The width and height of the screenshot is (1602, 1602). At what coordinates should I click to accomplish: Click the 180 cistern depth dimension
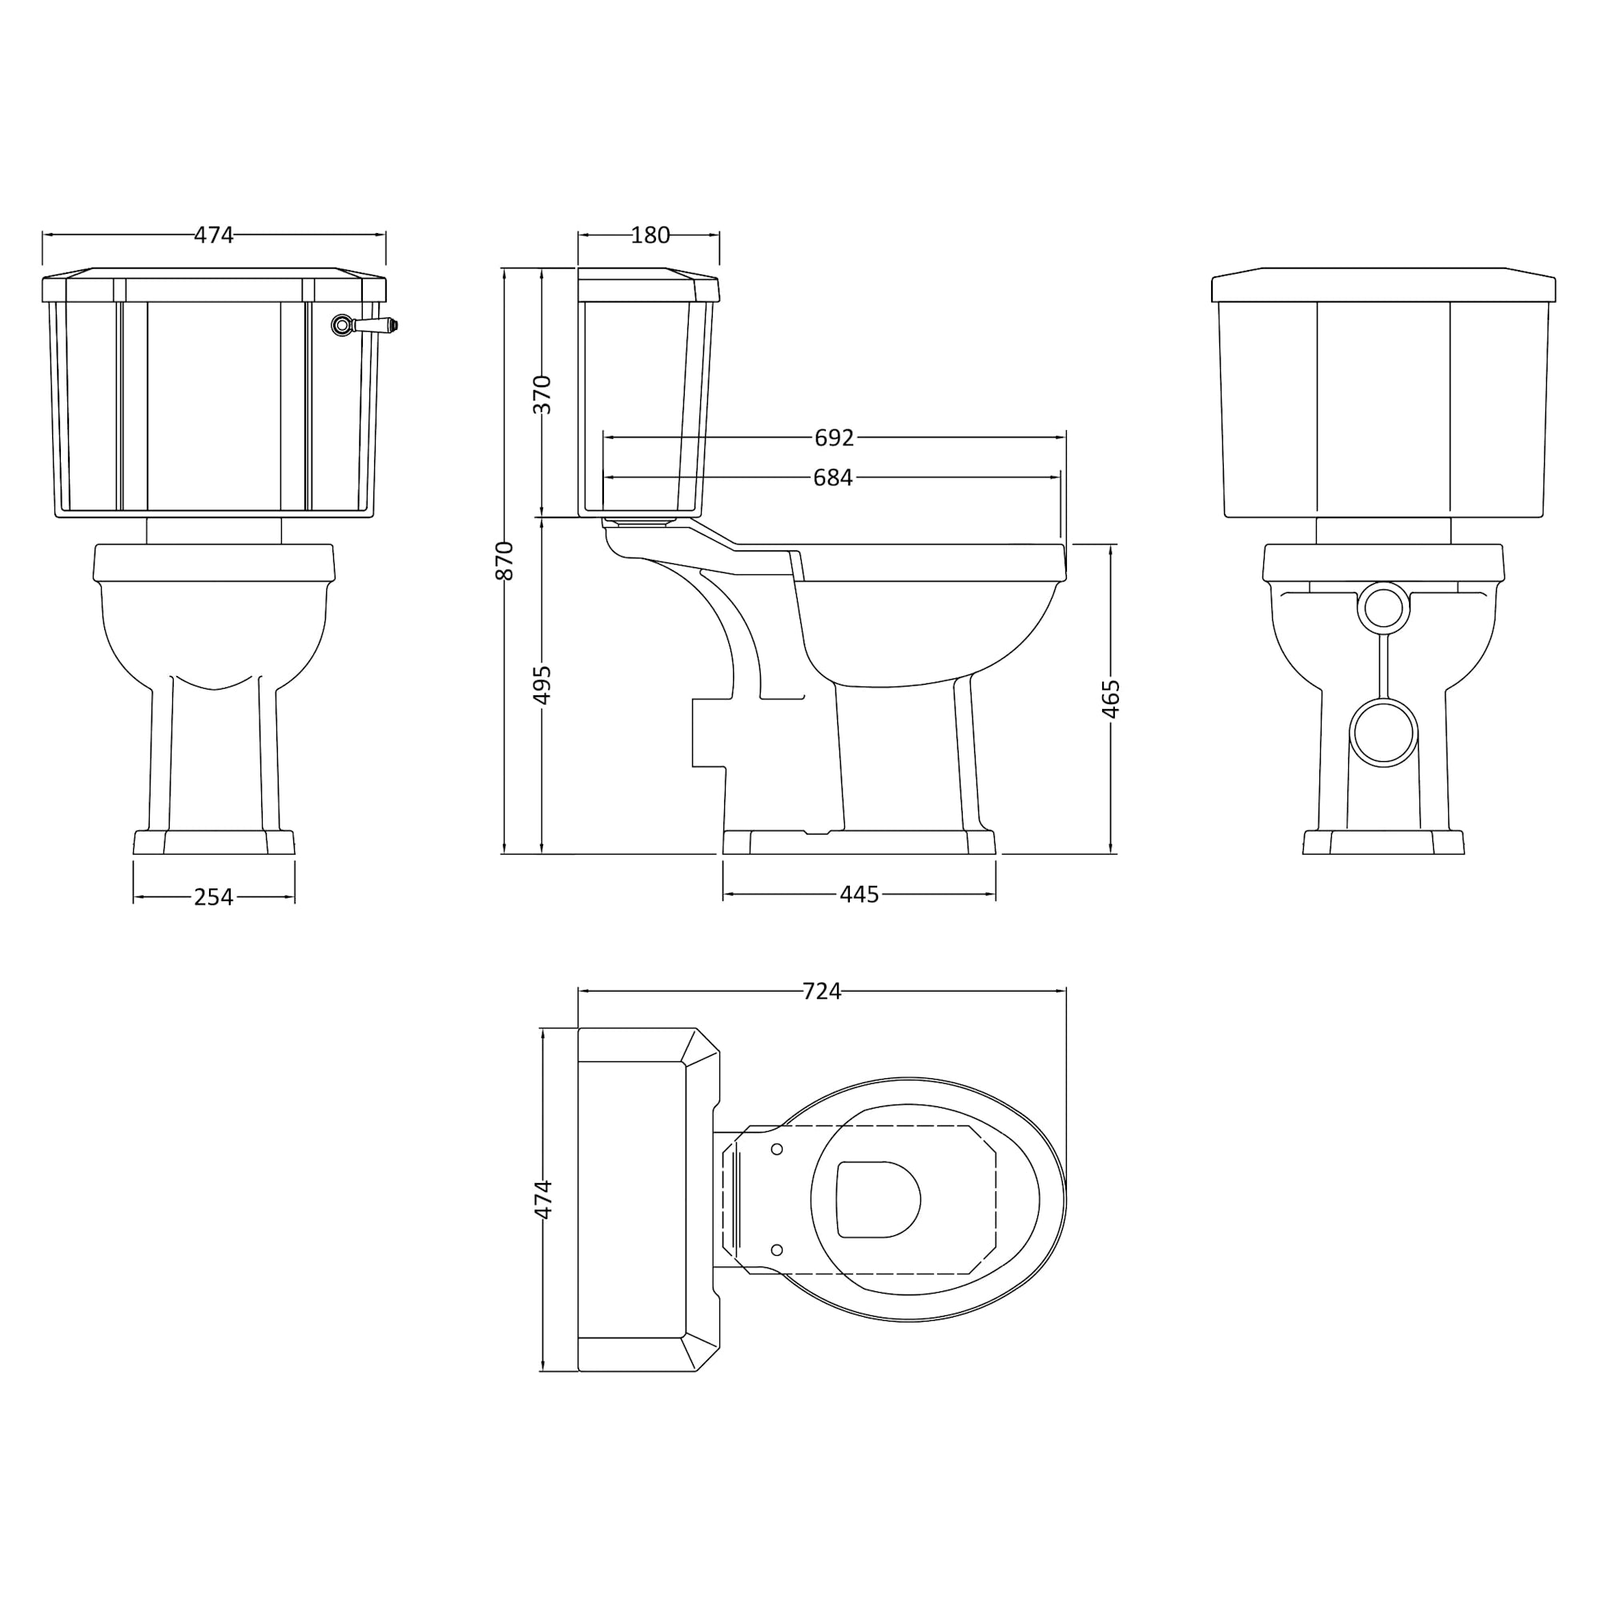[x=650, y=235]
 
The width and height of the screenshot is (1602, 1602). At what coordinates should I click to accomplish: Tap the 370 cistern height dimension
[x=541, y=395]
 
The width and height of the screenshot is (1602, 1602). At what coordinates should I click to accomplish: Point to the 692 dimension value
[x=833, y=437]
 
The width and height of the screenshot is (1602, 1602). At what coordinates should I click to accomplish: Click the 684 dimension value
[x=832, y=477]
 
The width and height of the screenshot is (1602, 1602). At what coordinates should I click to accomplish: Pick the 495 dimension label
[x=541, y=685]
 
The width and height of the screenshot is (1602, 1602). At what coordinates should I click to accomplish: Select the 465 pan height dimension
[x=1111, y=698]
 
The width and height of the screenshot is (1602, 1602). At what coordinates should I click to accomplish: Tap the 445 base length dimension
[x=858, y=894]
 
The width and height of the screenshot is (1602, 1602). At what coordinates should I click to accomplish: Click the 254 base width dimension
[x=213, y=896]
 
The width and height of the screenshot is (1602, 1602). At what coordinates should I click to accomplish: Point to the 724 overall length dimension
[x=821, y=991]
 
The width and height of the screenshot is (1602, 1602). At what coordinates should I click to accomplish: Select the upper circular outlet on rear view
[x=1383, y=608]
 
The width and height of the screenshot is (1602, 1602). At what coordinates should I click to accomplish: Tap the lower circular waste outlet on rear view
[x=1383, y=732]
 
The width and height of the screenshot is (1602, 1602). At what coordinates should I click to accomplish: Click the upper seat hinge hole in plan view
[x=777, y=1149]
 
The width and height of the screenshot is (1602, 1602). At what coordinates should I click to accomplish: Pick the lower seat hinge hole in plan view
[x=777, y=1250]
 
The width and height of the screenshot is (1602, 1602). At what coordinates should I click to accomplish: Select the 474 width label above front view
[x=213, y=235]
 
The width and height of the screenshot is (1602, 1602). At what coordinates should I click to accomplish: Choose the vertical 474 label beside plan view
[x=542, y=1199]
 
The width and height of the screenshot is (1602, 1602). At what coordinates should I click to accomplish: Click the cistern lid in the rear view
[x=1383, y=284]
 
